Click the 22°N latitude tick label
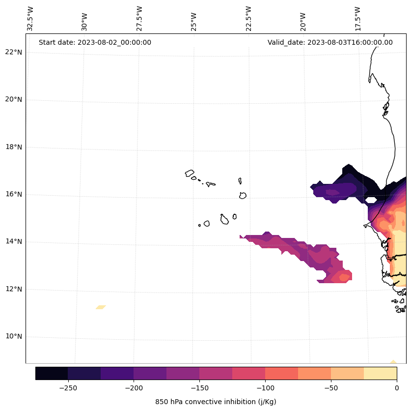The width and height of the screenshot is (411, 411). (x=14, y=52)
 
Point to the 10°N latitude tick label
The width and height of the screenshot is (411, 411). (x=14, y=336)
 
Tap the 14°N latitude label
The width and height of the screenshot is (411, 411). (x=14, y=241)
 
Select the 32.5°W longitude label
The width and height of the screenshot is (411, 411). (x=30, y=19)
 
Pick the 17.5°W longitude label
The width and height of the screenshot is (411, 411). (x=357, y=19)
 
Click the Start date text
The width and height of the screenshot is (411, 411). (x=95, y=42)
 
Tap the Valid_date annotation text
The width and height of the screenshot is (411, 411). (x=330, y=42)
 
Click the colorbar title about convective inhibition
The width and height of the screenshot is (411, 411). (x=216, y=402)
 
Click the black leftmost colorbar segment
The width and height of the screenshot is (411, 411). (x=52, y=373)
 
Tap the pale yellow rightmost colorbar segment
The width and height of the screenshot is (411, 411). (x=380, y=373)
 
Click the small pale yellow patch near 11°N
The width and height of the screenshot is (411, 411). (x=101, y=307)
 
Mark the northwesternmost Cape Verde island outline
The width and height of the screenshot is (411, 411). (x=190, y=173)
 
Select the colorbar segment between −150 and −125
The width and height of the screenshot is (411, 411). (x=216, y=373)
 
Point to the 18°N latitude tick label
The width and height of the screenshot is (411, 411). (x=14, y=147)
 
